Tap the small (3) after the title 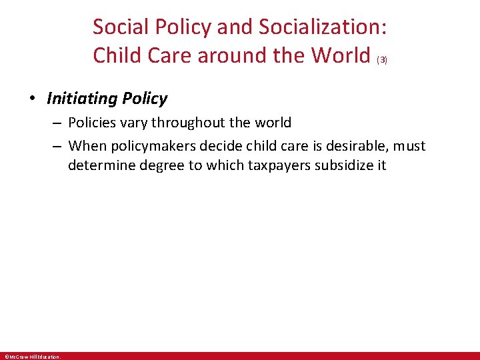(382, 59)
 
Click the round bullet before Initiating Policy (32, 99)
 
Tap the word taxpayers (284, 165)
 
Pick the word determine (100, 165)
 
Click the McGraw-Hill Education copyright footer (33, 357)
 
